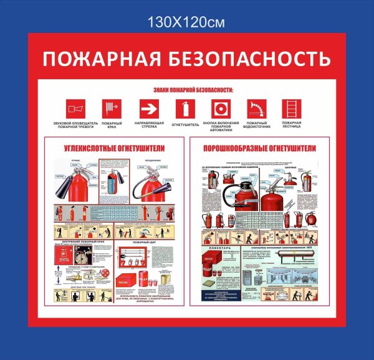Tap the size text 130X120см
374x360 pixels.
click(186, 22)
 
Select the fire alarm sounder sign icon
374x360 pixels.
click(75, 109)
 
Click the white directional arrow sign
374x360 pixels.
click(148, 109)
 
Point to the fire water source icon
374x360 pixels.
click(256, 109)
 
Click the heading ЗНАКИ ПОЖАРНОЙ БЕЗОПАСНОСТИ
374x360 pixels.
click(186, 90)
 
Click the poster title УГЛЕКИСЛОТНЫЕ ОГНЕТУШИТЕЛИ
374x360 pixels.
click(115, 148)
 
